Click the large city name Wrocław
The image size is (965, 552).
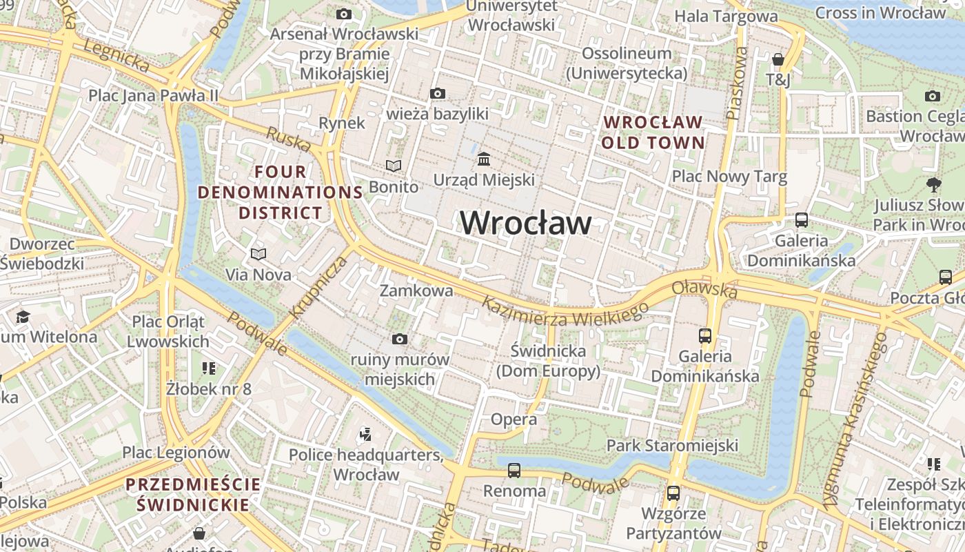point(526,223)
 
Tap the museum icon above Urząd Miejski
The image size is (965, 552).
point(484,159)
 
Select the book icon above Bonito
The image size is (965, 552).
point(394,166)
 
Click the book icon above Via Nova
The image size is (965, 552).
point(258,254)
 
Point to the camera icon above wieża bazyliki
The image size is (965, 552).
point(437,93)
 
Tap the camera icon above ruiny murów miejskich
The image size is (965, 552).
point(399,339)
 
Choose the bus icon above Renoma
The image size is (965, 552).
point(514,471)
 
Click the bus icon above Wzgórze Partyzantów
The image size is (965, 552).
point(673,493)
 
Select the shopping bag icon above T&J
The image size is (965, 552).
point(778,59)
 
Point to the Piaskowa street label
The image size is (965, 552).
point(737,87)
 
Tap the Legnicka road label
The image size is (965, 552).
point(116,55)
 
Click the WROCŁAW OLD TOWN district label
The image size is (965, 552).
point(653,132)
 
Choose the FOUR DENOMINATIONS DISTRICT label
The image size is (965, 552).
point(281,192)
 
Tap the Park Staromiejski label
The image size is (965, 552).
point(672,445)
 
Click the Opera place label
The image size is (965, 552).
point(514,419)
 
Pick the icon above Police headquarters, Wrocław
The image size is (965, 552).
point(366,434)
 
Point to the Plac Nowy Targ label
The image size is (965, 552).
point(729,177)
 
